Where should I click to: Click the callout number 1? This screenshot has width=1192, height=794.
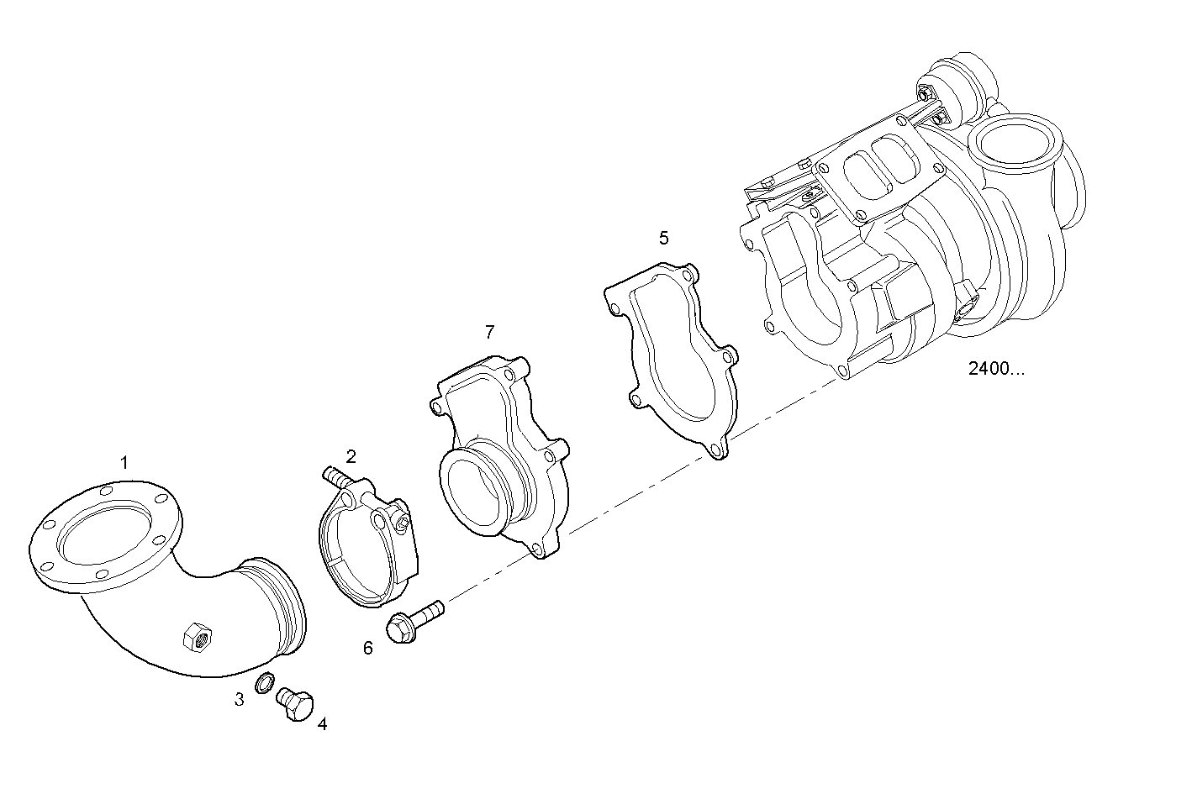pyautogui.click(x=124, y=462)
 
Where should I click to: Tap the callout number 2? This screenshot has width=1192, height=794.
pyautogui.click(x=351, y=456)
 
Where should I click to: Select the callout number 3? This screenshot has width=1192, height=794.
pyautogui.click(x=240, y=699)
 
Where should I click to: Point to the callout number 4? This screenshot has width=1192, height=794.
pyautogui.click(x=322, y=723)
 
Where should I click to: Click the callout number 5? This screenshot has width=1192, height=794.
pyautogui.click(x=663, y=238)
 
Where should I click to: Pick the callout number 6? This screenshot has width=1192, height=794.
pyautogui.click(x=367, y=648)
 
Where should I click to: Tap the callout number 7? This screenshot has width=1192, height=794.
pyautogui.click(x=490, y=332)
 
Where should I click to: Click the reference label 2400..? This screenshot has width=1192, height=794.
pyautogui.click(x=996, y=368)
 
